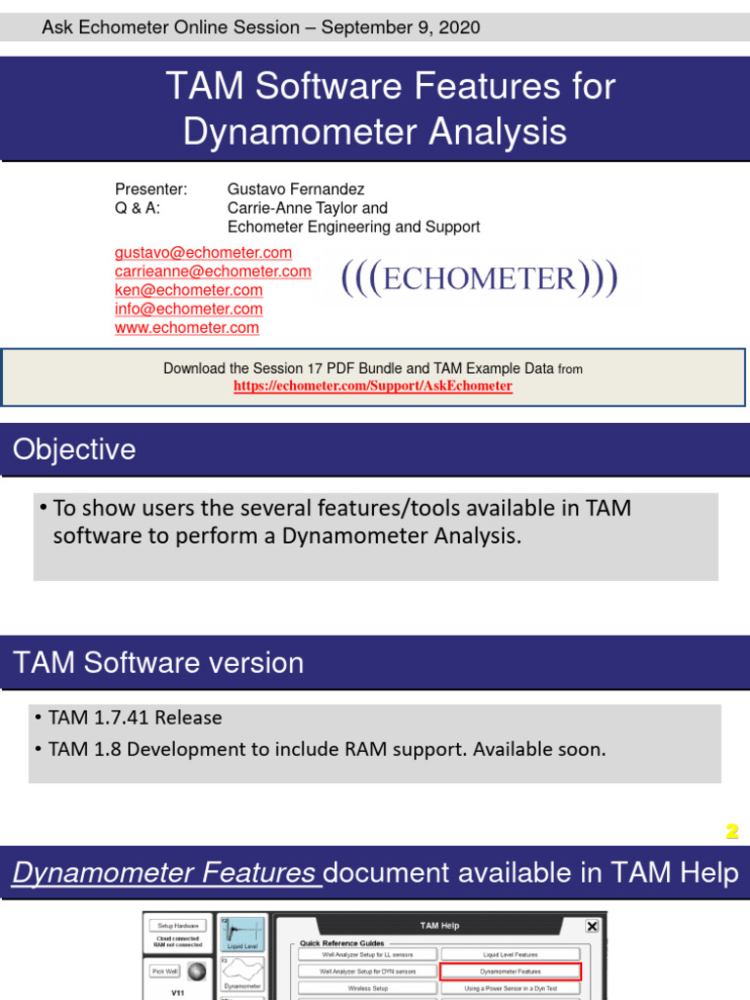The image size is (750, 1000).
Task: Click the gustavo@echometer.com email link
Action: coord(203,253)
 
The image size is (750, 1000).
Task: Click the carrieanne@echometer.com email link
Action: coord(213,271)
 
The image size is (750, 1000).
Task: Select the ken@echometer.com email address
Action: coord(188,290)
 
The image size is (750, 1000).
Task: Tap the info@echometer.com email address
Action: coord(188,309)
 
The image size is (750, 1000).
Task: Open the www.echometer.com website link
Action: coord(187,328)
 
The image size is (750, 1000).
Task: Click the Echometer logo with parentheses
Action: coord(479,279)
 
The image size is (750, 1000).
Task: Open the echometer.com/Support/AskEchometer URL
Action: coord(372,386)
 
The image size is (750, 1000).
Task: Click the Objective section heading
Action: coord(74,450)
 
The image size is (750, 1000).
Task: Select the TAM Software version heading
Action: coord(158,663)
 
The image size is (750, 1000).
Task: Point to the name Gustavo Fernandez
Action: coord(296,189)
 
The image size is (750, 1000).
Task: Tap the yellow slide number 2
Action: coord(731,832)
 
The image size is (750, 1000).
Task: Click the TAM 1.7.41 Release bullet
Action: coord(135,718)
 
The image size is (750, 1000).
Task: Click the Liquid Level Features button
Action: coord(510,954)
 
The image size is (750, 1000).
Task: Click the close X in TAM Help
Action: coord(592,926)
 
